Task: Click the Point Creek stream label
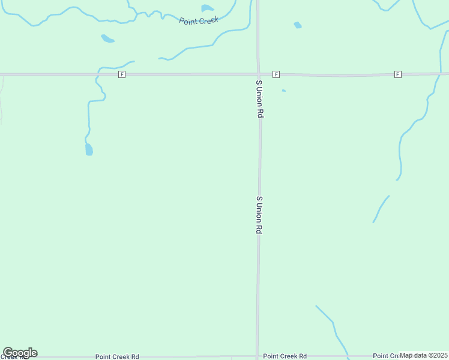[x=199, y=20]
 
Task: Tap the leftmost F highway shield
[x=122, y=74]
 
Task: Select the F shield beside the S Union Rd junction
[x=276, y=74]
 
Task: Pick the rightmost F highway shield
[x=397, y=74]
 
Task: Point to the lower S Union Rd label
[x=259, y=214]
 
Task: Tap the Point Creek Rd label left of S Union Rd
[x=117, y=356]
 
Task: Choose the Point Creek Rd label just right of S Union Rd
[x=285, y=356]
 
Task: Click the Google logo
[x=20, y=353]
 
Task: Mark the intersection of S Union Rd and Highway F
[x=258, y=74]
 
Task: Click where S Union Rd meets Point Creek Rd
[x=258, y=356]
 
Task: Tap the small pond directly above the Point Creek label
[x=208, y=8]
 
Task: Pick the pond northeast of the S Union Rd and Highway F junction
[x=298, y=25]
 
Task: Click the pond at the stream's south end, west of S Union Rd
[x=89, y=149]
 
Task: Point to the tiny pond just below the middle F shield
[x=283, y=91]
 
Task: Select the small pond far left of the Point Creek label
[x=107, y=39]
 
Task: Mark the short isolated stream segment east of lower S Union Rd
[x=381, y=209]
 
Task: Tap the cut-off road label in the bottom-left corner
[x=13, y=357]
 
